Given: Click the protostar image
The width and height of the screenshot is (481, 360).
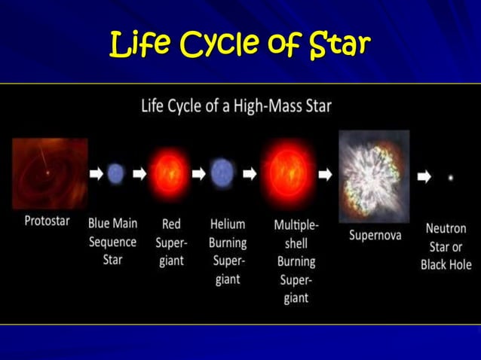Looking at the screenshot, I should point(49,173).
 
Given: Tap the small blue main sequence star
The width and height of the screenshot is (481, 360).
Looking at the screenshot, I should point(115,174).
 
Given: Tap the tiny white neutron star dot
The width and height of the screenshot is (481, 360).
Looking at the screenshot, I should point(451,178).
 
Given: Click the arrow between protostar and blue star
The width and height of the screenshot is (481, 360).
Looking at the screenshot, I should point(96,174).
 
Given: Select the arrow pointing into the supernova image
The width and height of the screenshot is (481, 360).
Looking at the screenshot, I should point(325,174).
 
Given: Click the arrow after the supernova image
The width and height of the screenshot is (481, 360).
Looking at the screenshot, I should point(424,177).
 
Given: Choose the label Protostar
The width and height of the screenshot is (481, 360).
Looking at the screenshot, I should point(47,224).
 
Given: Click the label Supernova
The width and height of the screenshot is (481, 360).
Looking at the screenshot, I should point(375,235).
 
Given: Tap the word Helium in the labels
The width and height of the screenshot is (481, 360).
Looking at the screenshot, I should point(228,224).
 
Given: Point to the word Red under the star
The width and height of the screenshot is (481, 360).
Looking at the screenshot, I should point(171,224).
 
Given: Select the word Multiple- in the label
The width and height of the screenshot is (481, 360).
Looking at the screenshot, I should point(296,224).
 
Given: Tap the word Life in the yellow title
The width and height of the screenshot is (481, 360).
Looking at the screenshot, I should point(136,45).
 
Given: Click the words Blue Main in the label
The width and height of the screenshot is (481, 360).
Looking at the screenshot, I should point(113,224).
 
